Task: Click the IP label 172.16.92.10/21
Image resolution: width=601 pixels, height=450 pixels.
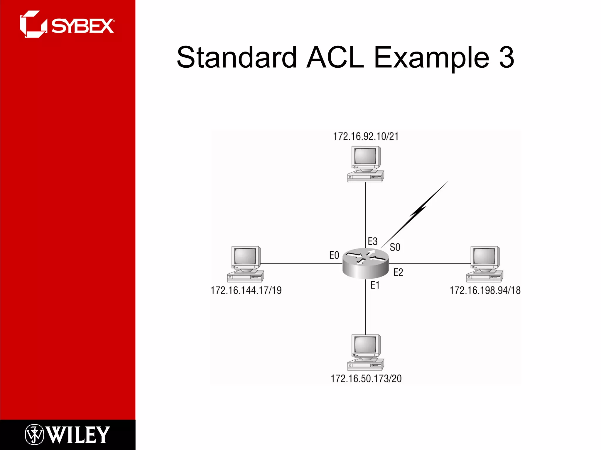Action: (x=366, y=137)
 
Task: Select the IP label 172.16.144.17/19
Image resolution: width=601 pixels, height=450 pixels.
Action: (x=246, y=290)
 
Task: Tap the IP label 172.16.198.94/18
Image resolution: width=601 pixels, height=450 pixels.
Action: (x=485, y=290)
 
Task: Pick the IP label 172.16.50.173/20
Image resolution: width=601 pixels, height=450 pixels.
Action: (x=366, y=379)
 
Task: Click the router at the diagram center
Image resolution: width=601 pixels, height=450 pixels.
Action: (x=366, y=263)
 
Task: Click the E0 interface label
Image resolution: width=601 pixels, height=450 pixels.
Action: (x=334, y=255)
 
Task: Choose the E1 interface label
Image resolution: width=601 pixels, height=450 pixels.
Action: (x=375, y=285)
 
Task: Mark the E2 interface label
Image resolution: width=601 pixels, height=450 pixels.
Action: (x=398, y=272)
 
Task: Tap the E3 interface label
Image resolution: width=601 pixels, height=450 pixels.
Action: (x=372, y=241)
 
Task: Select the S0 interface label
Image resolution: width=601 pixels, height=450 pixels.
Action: (x=395, y=247)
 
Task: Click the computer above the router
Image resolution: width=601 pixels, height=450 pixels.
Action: (x=366, y=164)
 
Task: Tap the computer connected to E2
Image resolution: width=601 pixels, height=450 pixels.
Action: (x=485, y=264)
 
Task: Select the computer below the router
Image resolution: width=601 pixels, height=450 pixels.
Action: (x=366, y=352)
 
